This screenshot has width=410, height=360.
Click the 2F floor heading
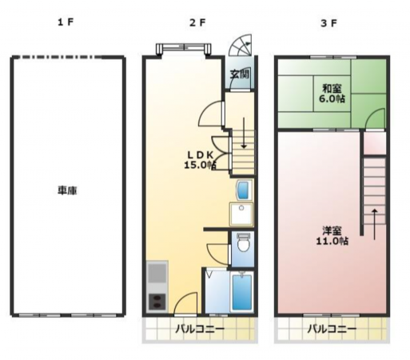(x=197, y=22)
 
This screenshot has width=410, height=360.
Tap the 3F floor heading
(x=328, y=22)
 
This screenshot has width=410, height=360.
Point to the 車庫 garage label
(x=66, y=191)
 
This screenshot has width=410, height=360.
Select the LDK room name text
(x=200, y=154)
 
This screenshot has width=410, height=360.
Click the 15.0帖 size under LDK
(x=201, y=166)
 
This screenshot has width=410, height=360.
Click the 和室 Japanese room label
(x=332, y=88)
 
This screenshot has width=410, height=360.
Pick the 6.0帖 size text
(x=332, y=100)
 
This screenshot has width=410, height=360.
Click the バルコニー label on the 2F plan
(x=200, y=330)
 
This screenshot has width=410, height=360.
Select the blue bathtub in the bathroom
(x=241, y=293)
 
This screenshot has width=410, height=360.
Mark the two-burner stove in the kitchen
(x=157, y=302)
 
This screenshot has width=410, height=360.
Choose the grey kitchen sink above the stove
(x=157, y=276)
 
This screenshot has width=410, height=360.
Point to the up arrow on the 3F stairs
(x=373, y=218)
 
